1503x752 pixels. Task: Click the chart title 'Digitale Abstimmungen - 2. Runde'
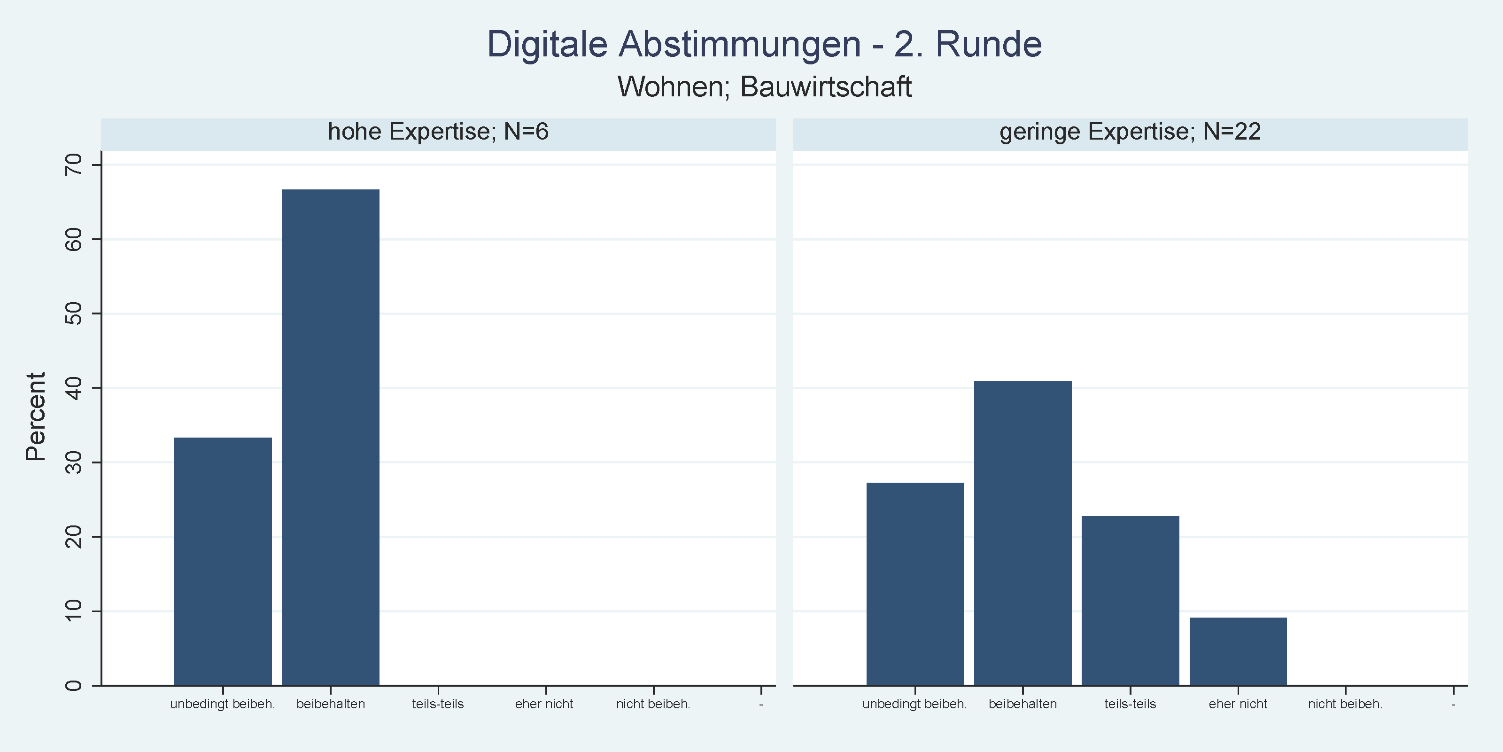coord(764,44)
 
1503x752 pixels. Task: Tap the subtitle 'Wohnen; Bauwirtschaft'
coord(764,87)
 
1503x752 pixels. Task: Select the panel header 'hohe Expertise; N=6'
coord(438,132)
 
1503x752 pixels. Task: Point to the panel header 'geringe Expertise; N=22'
coord(1130,132)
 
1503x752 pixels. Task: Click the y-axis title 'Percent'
coord(36,417)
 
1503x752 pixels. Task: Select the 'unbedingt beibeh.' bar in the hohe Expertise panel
coord(223,561)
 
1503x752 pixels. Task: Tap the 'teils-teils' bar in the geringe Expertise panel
coord(1130,600)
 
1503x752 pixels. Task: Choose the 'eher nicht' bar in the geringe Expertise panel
coord(1238,651)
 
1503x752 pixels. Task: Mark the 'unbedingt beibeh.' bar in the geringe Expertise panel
coord(915,583)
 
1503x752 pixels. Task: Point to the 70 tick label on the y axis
coord(74,165)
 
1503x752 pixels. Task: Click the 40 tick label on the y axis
coord(74,388)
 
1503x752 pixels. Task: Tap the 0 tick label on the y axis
coord(74,685)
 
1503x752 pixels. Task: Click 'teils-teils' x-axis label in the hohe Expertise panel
coord(438,704)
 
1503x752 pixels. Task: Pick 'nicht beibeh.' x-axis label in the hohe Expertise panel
coord(653,704)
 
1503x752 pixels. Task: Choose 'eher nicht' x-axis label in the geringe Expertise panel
coord(1238,704)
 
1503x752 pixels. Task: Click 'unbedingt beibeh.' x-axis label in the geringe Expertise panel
coord(914,704)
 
